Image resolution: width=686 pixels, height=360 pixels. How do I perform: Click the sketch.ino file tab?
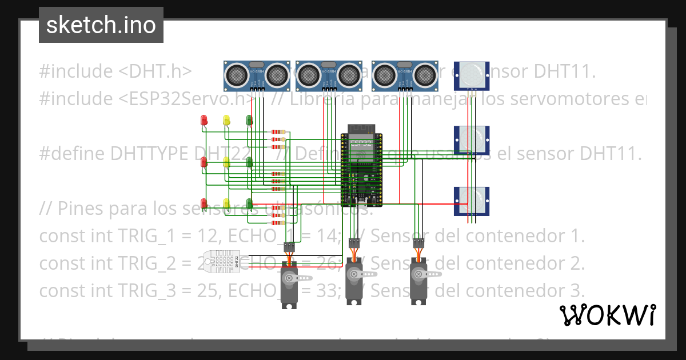(101, 25)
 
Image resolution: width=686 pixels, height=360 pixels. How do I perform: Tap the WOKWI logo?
(607, 315)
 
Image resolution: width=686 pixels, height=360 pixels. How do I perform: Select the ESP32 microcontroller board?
(361, 169)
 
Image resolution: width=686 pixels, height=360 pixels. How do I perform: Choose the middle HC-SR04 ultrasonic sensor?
(329, 75)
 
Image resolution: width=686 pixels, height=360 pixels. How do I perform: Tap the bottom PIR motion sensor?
(471, 201)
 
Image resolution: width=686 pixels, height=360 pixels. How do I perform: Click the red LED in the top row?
(204, 120)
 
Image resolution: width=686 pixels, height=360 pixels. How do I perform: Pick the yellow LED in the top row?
(226, 120)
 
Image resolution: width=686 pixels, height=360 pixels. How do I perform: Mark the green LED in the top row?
(249, 120)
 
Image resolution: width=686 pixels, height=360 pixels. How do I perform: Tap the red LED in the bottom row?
(204, 203)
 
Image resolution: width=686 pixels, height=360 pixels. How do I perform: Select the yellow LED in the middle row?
(226, 162)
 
